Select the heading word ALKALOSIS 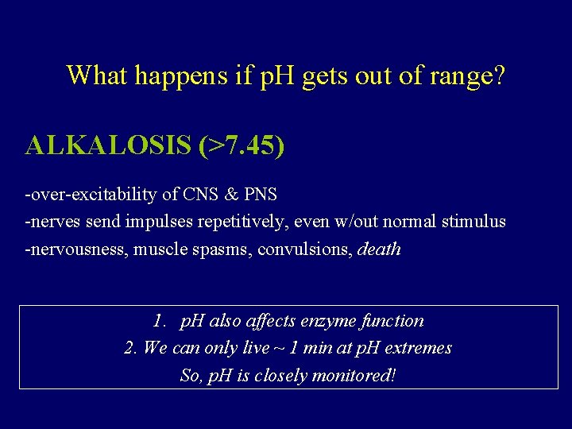[107, 145]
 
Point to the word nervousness [77, 249]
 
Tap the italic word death [380, 249]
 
